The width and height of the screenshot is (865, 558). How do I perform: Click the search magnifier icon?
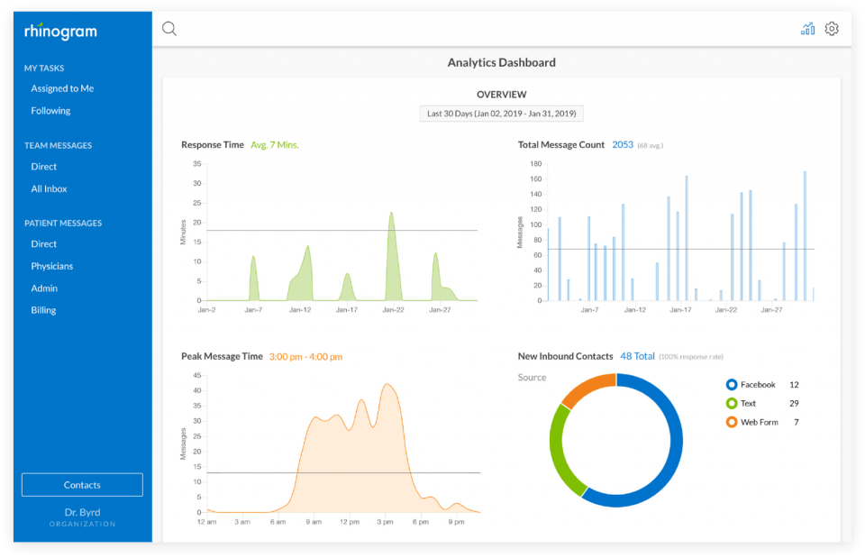(x=169, y=29)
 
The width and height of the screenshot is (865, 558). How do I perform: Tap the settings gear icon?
(x=832, y=29)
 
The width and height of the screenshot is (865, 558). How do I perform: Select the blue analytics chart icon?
(x=807, y=29)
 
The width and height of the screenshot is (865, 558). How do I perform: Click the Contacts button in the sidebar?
(x=82, y=485)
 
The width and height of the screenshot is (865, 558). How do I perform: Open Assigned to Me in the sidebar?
(x=62, y=88)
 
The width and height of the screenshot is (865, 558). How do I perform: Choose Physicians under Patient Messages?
(x=52, y=266)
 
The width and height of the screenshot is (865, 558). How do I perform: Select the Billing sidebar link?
(x=43, y=310)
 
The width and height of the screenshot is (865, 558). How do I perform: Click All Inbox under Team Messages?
(x=49, y=188)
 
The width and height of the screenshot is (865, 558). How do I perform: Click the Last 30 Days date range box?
(x=502, y=114)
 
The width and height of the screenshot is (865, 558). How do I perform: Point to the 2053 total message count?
(x=623, y=144)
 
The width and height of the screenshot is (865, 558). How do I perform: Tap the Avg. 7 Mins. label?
(x=275, y=144)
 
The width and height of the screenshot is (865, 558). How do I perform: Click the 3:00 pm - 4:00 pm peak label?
(x=305, y=357)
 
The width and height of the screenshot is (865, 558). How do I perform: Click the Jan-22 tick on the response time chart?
(x=394, y=309)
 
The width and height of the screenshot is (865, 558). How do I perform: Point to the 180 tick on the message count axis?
(x=535, y=164)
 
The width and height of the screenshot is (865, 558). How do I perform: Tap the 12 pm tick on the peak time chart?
(x=350, y=522)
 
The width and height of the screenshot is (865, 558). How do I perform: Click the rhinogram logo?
(x=60, y=32)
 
